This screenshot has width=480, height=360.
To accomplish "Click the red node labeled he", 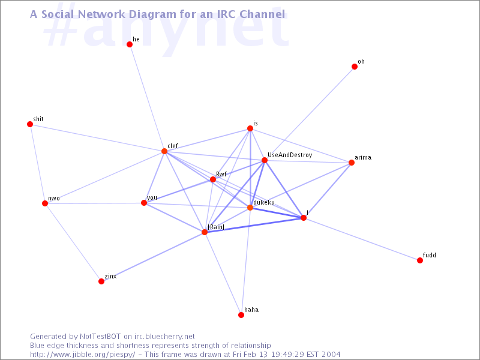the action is point(130,44).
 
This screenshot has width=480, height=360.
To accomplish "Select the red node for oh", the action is point(355,67).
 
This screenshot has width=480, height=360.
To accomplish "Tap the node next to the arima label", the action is point(352,163).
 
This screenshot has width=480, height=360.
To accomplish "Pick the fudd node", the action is point(420,260).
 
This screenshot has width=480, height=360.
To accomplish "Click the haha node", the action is point(241,315).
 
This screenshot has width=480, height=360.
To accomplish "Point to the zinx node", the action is point(101,281).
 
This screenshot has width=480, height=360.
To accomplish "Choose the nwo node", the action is point(45,203).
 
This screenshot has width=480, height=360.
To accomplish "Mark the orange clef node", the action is point(164,151).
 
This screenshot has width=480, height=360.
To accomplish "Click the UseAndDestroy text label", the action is point(290,155).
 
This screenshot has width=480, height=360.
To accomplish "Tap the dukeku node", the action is point(250,208).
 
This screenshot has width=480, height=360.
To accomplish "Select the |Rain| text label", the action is point(216,227).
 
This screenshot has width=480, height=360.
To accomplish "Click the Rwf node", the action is point(213,179).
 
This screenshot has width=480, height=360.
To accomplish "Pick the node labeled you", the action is point(144,203).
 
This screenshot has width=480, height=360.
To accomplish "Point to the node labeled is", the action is point(250,128).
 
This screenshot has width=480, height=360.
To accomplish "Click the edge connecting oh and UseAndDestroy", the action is point(310,113).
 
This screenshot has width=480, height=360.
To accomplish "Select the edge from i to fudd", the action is point(362,239).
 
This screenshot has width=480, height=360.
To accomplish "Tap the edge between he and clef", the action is point(147,98).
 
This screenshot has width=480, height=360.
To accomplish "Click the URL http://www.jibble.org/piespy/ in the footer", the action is point(82,355).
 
